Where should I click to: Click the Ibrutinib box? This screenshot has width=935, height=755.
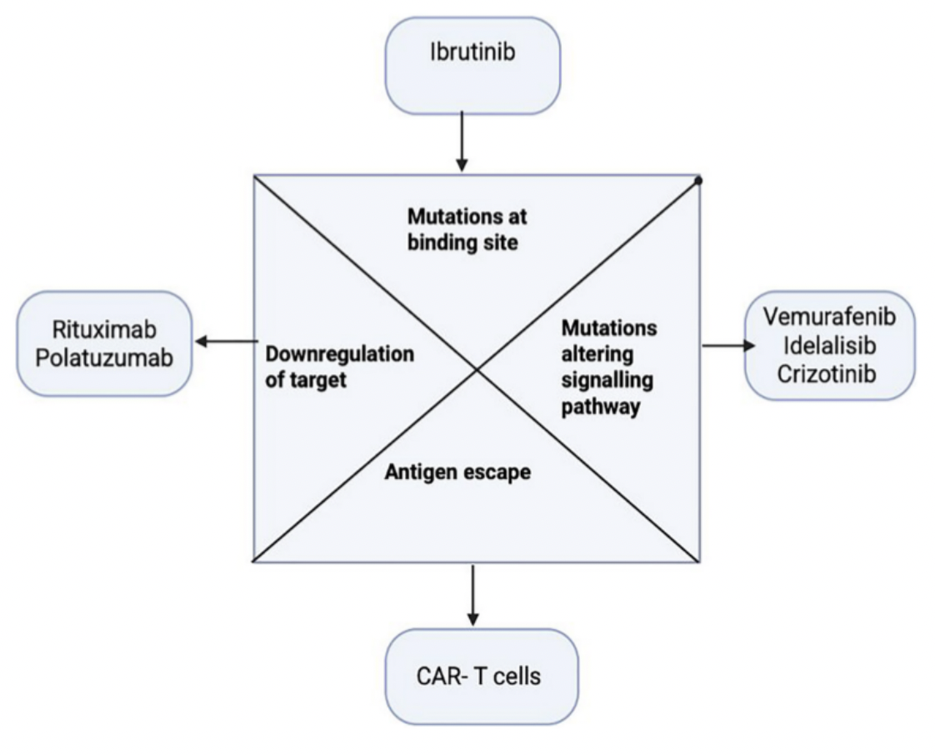pos(472,65)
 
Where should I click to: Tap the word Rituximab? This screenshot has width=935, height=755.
pos(101,330)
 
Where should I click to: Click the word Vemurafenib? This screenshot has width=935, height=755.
pos(828,317)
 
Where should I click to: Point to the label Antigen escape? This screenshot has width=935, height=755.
pos(457,472)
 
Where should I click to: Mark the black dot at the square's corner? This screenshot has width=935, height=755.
pos(697,180)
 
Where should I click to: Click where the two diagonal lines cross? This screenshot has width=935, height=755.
pos(476,368)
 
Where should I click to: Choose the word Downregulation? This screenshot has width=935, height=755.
pos(338,353)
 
